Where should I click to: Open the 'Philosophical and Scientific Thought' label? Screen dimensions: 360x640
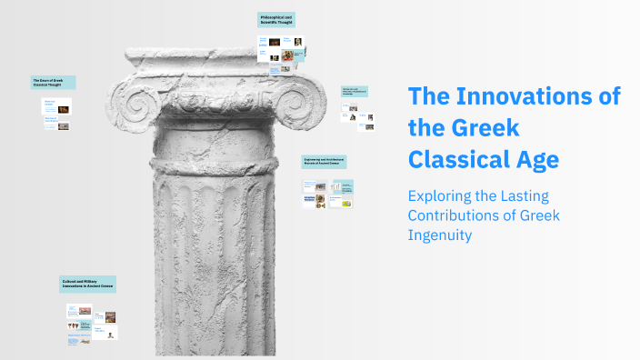(x=276, y=20)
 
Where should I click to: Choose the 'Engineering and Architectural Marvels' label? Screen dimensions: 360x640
(x=325, y=162)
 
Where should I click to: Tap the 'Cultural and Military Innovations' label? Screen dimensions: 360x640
(x=88, y=285)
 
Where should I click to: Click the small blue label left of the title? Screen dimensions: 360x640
(x=355, y=91)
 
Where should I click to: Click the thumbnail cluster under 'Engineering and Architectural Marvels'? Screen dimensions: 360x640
(x=328, y=193)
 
